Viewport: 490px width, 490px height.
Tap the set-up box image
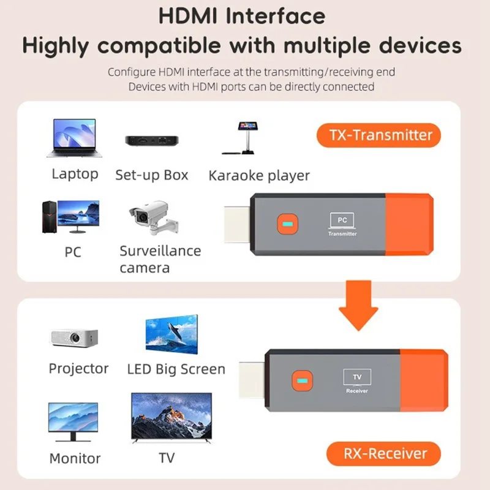click(x=152, y=140)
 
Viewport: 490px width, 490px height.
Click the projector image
click(x=73, y=337)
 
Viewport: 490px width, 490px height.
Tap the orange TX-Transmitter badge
click(x=379, y=135)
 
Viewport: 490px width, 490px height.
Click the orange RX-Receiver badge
click(x=385, y=454)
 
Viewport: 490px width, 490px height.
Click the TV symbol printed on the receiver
click(x=356, y=377)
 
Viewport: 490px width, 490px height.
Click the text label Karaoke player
click(x=259, y=176)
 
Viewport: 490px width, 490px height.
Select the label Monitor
click(x=75, y=458)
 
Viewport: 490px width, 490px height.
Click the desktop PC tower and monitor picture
click(x=70, y=216)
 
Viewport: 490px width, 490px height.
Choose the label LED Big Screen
click(x=176, y=369)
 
